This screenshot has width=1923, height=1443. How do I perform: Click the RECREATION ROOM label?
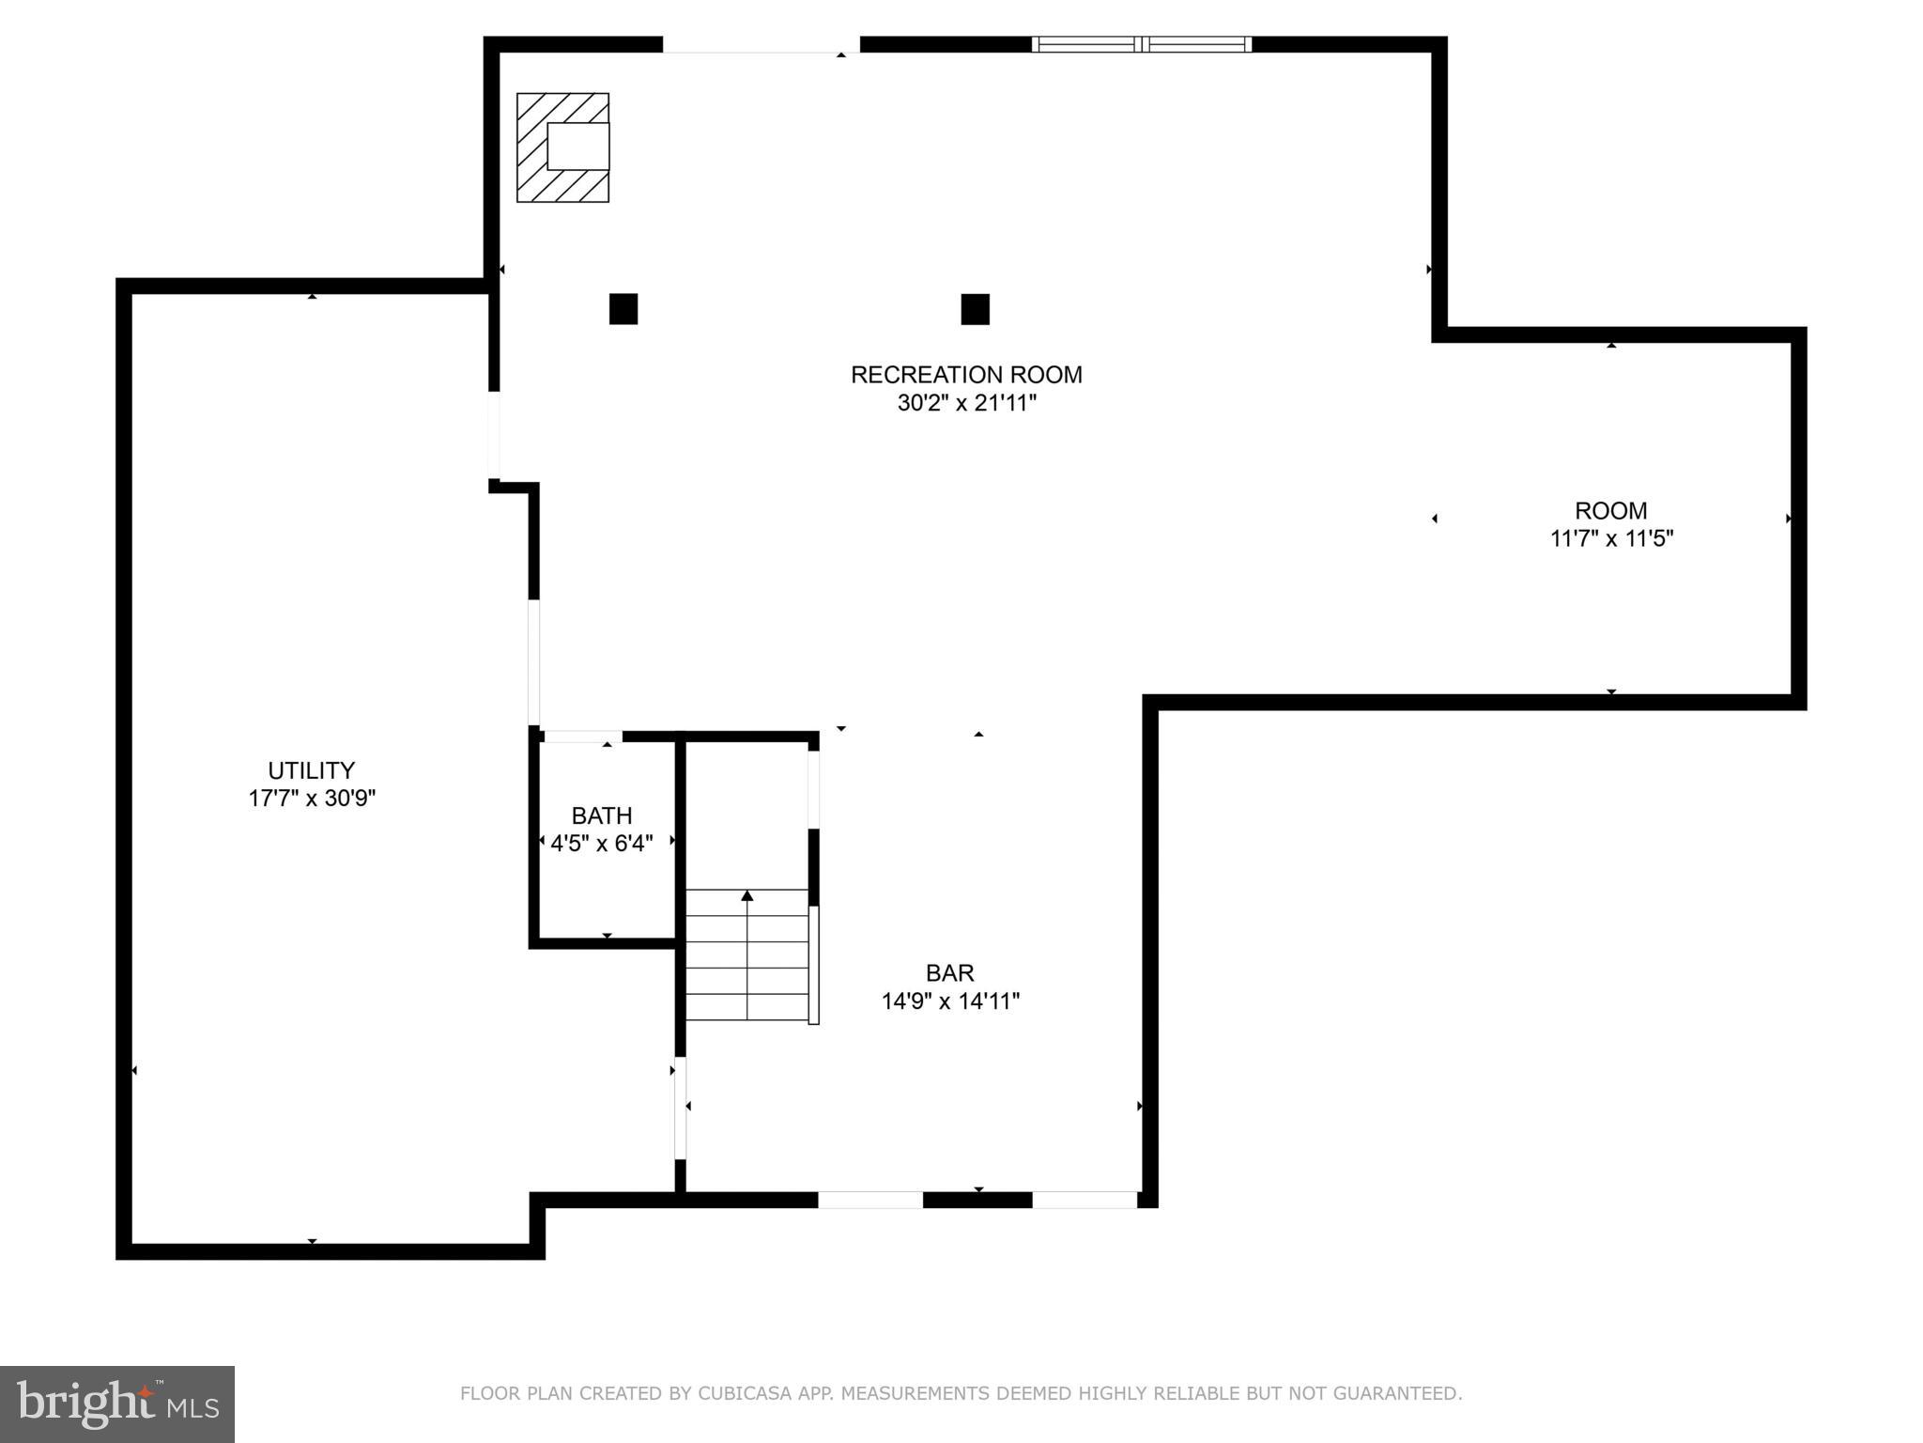965,375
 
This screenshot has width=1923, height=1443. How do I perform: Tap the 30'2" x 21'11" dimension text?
966,404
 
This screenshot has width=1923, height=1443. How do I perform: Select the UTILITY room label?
311,770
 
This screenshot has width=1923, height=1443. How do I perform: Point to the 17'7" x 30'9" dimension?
312,799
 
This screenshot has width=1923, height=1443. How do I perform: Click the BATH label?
602,815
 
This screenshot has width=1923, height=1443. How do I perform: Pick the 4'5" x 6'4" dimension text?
602,844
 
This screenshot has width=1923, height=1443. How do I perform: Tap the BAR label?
949,973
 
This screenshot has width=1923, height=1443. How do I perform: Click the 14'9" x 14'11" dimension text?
950,1001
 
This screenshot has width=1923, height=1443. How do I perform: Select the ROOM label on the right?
1610,511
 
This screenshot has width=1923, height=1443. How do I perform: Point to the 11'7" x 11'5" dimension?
1611,539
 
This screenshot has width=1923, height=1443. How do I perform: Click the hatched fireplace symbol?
562,147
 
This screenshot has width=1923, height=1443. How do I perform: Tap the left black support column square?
623,309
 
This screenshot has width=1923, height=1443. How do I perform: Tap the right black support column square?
975,309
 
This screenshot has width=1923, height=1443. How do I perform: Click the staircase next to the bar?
747,954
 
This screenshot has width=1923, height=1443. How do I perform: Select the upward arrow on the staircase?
747,896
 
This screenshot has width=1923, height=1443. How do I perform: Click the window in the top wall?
1141,44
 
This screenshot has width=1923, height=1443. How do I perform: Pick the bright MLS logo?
116,1404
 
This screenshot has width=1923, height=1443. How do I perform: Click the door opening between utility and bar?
680,1109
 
